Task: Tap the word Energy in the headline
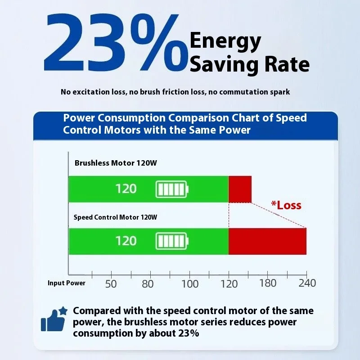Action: click(x=225, y=41)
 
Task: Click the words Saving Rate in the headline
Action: click(x=250, y=64)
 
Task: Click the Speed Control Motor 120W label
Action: click(x=115, y=217)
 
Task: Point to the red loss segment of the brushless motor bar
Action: click(x=240, y=189)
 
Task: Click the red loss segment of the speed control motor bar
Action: click(x=267, y=241)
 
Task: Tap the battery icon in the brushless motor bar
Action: click(x=173, y=189)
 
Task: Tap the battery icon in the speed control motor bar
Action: click(x=173, y=241)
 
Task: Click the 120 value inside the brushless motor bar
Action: click(x=126, y=189)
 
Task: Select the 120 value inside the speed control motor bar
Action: click(x=126, y=241)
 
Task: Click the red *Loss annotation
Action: click(x=286, y=206)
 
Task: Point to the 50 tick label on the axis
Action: click(x=111, y=283)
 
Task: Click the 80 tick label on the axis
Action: click(x=148, y=283)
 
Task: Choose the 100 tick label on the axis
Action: click(x=190, y=283)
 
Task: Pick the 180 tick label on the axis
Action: click(x=268, y=283)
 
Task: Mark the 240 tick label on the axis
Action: click(x=307, y=283)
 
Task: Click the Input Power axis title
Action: click(x=66, y=283)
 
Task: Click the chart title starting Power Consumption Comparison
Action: click(x=185, y=124)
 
